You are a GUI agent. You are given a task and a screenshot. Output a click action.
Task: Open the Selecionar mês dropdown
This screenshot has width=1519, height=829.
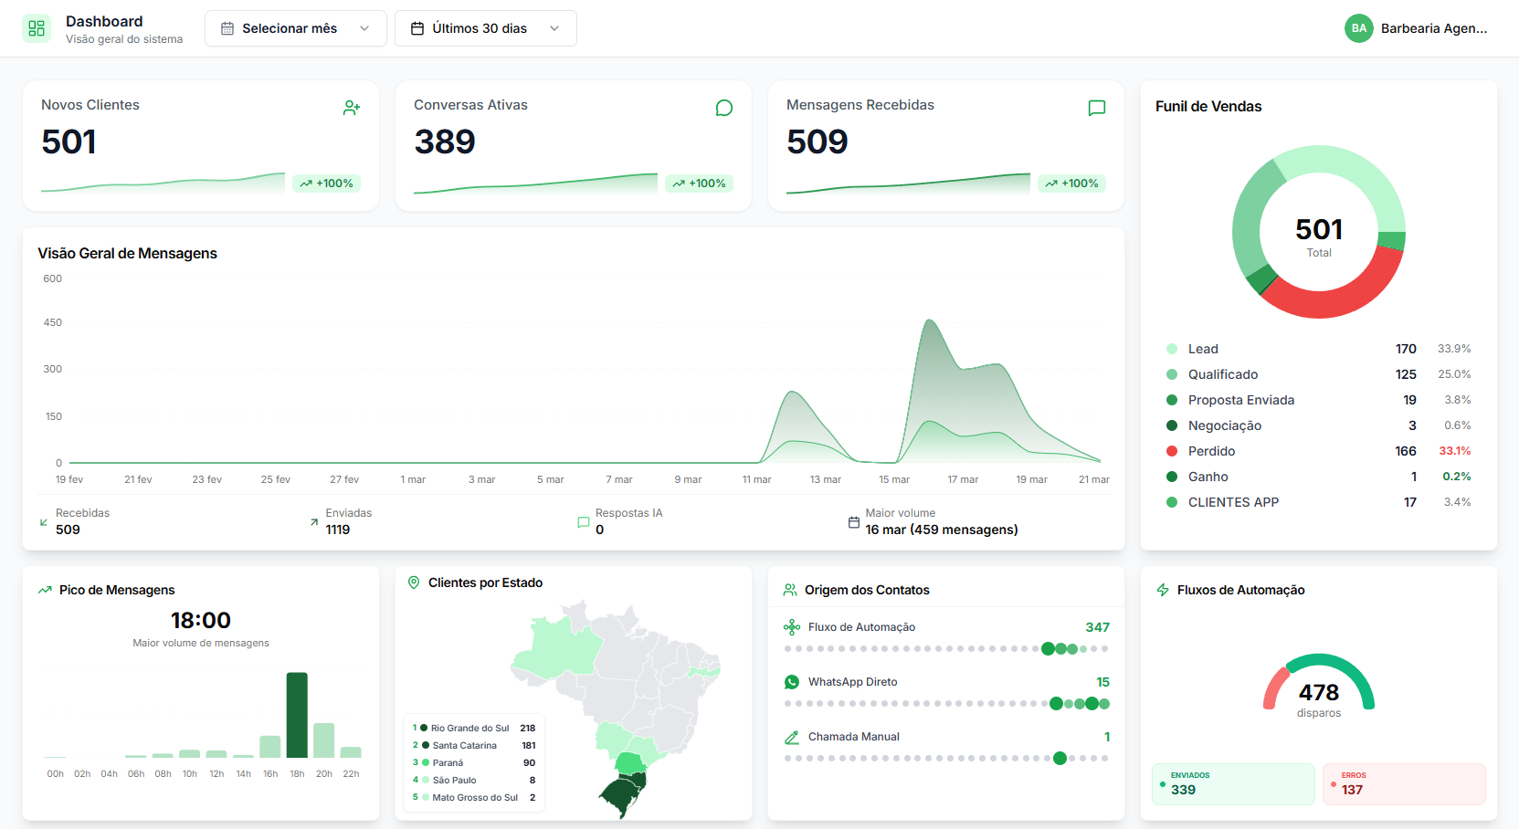[295, 28]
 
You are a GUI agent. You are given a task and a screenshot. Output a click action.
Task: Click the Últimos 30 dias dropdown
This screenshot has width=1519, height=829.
[485, 28]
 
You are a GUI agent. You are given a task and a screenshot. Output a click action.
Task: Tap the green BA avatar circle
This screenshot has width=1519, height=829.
[1358, 28]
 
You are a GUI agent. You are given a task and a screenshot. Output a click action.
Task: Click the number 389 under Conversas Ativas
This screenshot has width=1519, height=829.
[445, 142]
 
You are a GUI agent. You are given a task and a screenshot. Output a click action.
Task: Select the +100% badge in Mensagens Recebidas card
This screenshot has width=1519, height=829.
[1071, 184]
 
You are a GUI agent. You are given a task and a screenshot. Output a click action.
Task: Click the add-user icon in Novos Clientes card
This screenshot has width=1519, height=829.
[352, 108]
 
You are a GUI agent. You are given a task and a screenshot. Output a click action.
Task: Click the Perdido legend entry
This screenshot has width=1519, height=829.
[1211, 451]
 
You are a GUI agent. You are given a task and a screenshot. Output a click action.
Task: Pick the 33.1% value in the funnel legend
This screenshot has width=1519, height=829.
[1454, 451]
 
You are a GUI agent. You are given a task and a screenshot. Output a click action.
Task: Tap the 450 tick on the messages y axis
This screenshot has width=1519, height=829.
[53, 322]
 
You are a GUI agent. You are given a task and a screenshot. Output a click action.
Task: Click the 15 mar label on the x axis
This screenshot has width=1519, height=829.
[894, 479]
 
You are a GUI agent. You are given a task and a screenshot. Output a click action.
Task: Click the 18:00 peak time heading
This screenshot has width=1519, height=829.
[201, 621]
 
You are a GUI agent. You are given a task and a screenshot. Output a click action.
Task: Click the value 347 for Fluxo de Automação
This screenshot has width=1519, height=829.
[1097, 627]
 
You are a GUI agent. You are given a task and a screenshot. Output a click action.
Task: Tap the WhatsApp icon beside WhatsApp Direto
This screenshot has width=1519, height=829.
[792, 682]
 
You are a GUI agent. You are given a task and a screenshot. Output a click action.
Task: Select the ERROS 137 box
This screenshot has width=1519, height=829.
[1403, 783]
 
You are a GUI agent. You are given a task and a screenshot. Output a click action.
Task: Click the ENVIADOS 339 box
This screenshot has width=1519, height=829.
[1232, 783]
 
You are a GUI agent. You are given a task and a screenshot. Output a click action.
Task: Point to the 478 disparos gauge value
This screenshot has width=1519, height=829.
[1319, 693]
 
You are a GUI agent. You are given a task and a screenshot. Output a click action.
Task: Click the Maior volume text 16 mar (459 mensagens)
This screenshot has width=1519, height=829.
[941, 530]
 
